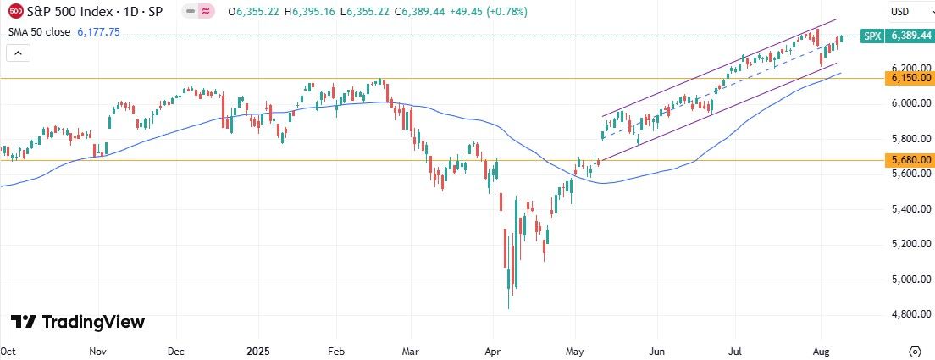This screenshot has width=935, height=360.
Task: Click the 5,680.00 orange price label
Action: click(910, 160)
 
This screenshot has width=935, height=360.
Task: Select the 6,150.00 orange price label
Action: click(910, 78)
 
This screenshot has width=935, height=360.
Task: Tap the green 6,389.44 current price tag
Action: click(910, 36)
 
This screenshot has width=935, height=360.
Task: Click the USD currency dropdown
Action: click(910, 13)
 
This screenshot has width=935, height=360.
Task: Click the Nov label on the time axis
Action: click(97, 350)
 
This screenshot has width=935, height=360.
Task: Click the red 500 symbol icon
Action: click(15, 13)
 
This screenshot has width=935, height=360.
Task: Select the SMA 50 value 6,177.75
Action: click(98, 31)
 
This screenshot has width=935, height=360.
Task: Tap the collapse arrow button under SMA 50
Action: click(19, 53)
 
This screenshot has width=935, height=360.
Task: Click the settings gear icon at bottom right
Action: click(915, 351)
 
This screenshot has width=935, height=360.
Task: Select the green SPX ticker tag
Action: click(872, 36)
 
